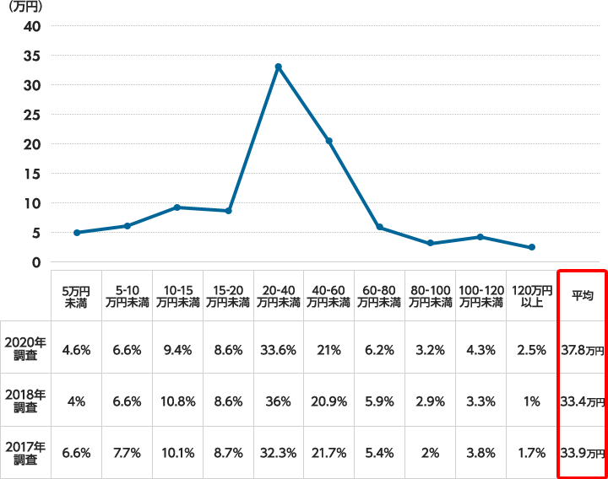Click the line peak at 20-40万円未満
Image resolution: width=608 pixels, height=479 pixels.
click(x=278, y=67)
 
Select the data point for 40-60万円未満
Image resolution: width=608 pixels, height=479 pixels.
click(x=328, y=141)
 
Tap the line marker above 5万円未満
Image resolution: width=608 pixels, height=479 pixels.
click(x=76, y=233)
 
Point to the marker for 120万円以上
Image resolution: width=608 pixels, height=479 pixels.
click(x=531, y=247)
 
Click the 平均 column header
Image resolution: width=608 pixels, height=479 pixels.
click(x=582, y=295)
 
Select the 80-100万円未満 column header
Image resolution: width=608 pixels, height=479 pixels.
click(x=430, y=295)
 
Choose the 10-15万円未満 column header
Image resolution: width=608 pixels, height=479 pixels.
click(x=177, y=295)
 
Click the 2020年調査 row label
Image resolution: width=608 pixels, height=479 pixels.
click(x=24, y=347)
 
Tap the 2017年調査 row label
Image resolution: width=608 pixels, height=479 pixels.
click(x=24, y=453)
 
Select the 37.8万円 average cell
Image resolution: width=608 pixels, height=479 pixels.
click(x=582, y=347)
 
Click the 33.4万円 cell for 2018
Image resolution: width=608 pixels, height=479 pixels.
click(x=582, y=401)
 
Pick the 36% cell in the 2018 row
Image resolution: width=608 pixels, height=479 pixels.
click(x=278, y=401)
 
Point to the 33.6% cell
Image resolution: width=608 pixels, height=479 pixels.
click(x=278, y=347)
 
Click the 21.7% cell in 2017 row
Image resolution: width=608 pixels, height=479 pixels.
click(x=328, y=453)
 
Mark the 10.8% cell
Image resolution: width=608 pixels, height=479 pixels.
click(x=177, y=401)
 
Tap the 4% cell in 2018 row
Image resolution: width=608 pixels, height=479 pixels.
click(x=76, y=401)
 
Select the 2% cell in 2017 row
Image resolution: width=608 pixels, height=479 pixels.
click(x=430, y=453)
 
